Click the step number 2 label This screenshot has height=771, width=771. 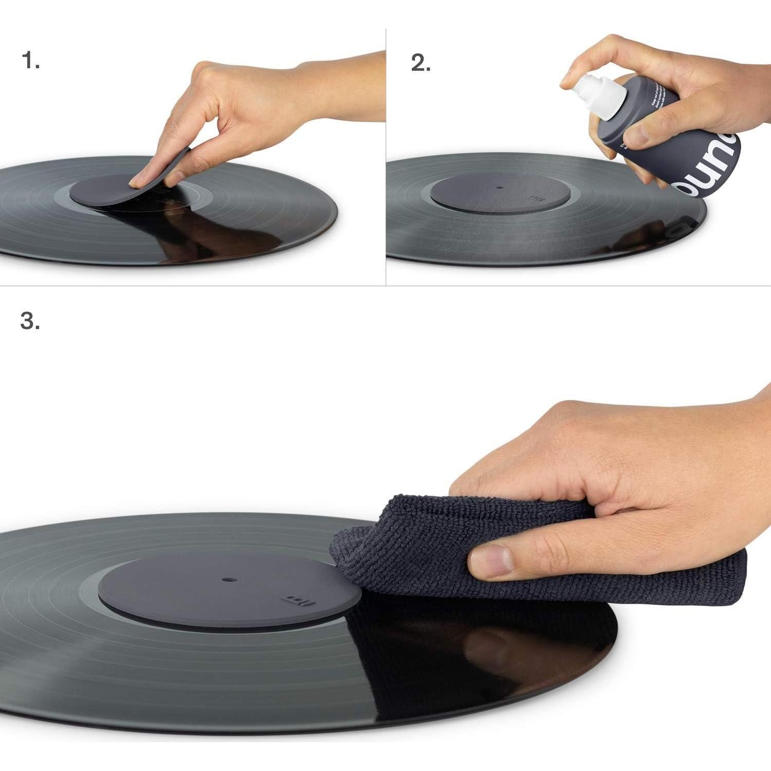click(x=420, y=63)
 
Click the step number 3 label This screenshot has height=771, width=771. click(x=30, y=321)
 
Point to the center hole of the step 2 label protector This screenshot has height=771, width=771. click(x=501, y=188)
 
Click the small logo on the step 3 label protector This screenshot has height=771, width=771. click(x=295, y=600)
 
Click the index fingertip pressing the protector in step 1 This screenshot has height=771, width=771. click(x=137, y=181)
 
